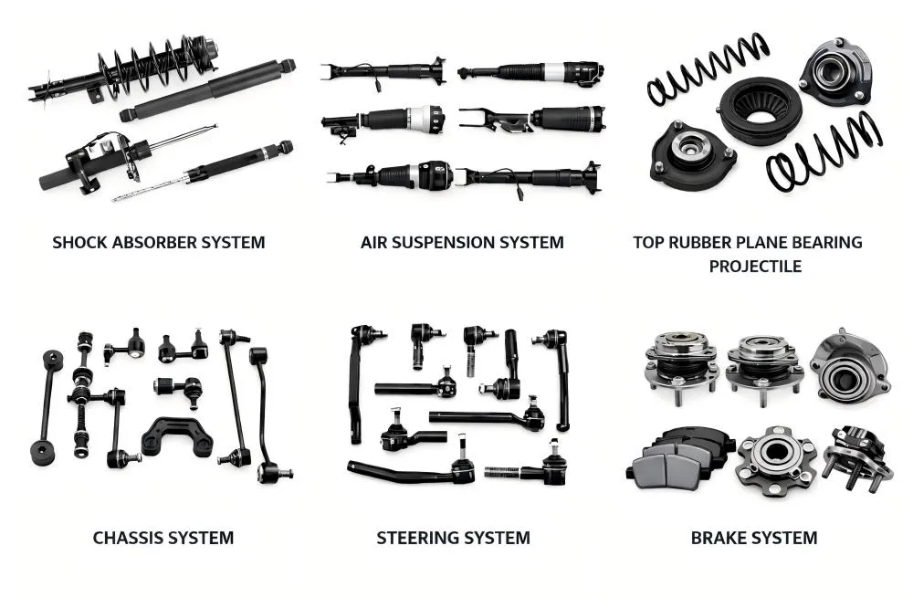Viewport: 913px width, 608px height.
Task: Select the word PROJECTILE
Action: click(x=755, y=267)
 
